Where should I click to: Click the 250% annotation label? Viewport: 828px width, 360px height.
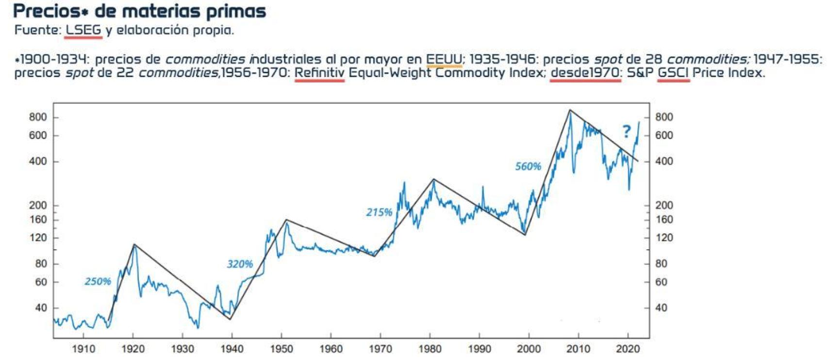(x=98, y=281)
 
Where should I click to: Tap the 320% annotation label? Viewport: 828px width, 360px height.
(x=240, y=264)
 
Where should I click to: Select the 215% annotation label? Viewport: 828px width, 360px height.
(x=379, y=212)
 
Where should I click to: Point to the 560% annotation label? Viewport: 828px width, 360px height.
(x=528, y=166)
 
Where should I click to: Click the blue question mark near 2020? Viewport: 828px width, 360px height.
(x=627, y=131)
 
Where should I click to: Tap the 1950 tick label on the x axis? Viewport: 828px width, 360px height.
(x=282, y=349)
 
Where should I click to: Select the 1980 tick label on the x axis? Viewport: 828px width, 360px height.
(x=430, y=349)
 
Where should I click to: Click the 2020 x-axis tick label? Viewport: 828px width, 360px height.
(x=628, y=349)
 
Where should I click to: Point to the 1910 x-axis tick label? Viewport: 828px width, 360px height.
(x=83, y=349)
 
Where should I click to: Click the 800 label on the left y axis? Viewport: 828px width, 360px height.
(x=38, y=117)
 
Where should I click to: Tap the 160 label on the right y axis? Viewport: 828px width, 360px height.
(x=664, y=219)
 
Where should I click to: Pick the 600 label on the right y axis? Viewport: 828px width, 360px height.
(x=664, y=135)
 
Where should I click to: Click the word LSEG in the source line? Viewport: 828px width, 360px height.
(x=83, y=30)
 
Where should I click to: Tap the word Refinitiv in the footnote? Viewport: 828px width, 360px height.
(x=319, y=73)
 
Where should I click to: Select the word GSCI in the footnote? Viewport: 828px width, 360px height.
(x=673, y=73)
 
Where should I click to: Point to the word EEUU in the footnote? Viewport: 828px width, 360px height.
(x=444, y=59)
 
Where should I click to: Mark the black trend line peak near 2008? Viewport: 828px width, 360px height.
(x=570, y=110)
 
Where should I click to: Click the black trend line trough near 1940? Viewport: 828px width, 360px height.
(x=230, y=319)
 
